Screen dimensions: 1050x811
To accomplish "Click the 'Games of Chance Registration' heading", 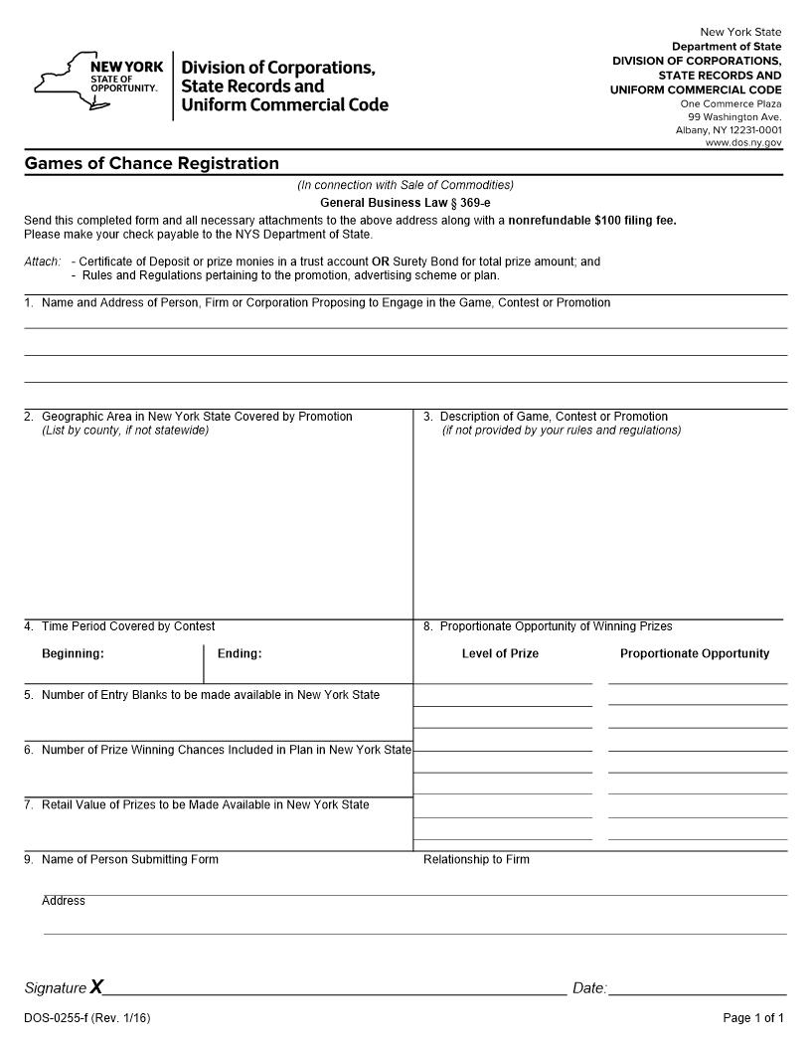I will [x=151, y=163].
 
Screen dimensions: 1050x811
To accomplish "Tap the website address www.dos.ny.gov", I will [x=743, y=143].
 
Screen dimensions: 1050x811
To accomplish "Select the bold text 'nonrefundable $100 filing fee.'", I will [x=592, y=221].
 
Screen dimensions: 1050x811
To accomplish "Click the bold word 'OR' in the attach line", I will [x=380, y=262].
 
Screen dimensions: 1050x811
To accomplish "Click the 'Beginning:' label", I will [x=73, y=653].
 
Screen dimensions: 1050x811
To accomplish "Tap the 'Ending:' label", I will [x=240, y=653].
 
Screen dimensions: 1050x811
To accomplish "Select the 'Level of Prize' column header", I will [x=500, y=653].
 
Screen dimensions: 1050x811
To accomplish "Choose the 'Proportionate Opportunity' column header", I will [x=695, y=653].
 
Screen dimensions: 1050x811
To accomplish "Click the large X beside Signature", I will [x=96, y=986].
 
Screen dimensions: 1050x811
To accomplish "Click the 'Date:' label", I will [x=589, y=988].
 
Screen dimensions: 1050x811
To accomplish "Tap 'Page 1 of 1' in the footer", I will [x=753, y=1017].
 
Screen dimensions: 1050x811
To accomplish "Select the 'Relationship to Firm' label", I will [x=476, y=859].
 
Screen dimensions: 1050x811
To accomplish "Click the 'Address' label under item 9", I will [x=64, y=901].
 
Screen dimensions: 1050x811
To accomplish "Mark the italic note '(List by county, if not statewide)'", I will [x=125, y=431].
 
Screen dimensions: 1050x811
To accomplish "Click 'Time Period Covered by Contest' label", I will [x=127, y=626].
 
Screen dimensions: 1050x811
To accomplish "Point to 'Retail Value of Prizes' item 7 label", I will [x=205, y=804].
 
